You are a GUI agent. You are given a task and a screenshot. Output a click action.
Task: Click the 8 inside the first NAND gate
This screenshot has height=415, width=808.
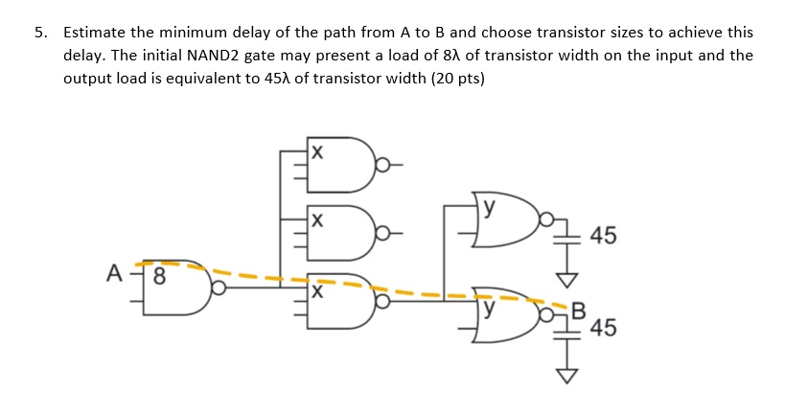(x=159, y=281)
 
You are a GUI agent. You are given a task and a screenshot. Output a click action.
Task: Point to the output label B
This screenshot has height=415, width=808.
(x=576, y=309)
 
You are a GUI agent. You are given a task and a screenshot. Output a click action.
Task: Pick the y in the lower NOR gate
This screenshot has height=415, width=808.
(x=490, y=310)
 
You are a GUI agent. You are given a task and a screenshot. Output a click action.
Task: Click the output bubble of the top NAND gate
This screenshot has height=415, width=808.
(x=381, y=165)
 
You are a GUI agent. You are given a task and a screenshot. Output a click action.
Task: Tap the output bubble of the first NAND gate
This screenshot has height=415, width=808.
(x=219, y=287)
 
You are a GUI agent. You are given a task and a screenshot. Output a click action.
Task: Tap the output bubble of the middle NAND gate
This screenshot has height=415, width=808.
(x=381, y=232)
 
